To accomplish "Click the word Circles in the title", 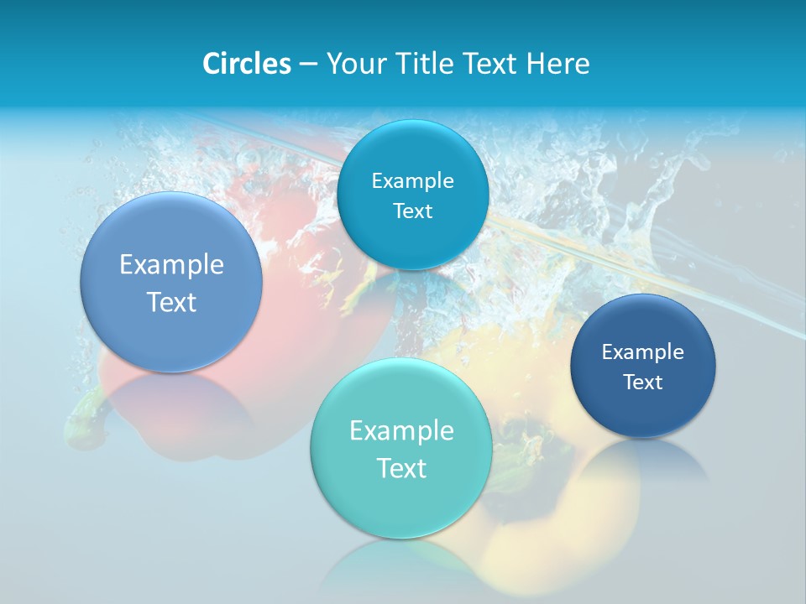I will point(246,64).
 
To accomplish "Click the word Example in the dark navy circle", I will point(642,352).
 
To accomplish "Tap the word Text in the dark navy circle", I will point(643,383).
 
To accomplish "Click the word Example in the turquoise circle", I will point(401,431).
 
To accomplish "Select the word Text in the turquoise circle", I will point(401,468).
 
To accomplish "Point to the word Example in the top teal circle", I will point(412,181).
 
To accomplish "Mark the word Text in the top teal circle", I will point(412,211).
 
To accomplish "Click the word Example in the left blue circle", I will point(171,265).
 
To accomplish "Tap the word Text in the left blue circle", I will point(171,302).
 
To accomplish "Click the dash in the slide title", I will point(307,64).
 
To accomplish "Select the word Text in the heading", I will point(493,64).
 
